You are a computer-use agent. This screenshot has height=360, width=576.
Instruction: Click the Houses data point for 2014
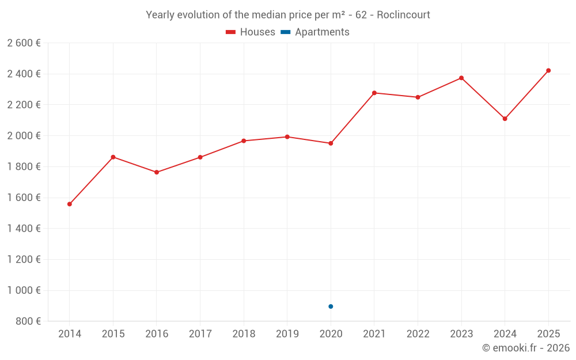pos(70,204)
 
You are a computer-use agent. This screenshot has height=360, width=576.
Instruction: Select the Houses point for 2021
pos(374,93)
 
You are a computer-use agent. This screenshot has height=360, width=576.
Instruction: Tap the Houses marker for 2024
pos(505,119)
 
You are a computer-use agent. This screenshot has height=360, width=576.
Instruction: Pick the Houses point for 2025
pos(548,70)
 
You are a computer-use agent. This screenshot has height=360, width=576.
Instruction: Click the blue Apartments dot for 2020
pos(331,306)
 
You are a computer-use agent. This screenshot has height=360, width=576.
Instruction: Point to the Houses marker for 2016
pos(157,172)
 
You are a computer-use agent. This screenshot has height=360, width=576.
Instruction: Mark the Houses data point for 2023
pos(461,78)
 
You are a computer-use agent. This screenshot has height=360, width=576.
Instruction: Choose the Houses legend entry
pos(251,32)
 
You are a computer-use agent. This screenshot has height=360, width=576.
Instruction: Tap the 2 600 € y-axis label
pos(24,43)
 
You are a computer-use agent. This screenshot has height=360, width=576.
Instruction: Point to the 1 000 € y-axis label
pos(24,290)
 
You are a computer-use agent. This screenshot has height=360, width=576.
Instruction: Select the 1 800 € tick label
pos(24,166)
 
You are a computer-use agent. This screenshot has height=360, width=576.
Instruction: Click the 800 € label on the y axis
pos(28,321)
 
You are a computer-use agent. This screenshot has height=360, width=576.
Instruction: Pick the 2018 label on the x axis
pos(244,334)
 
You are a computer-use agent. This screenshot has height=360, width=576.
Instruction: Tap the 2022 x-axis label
pos(418,334)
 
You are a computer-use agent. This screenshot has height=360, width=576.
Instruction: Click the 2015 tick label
pos(113,334)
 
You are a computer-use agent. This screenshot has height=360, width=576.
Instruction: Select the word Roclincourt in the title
pos(403,15)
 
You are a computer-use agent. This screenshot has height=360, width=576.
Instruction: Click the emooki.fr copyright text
pos(526,348)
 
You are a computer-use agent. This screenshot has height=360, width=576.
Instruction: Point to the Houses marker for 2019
pos(287,137)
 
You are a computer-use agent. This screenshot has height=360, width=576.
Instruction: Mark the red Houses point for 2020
pos(331,143)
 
